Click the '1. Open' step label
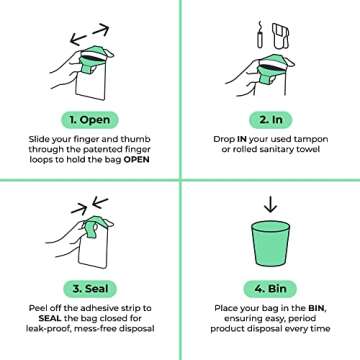tap(89, 115)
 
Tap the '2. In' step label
tap(269, 115)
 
